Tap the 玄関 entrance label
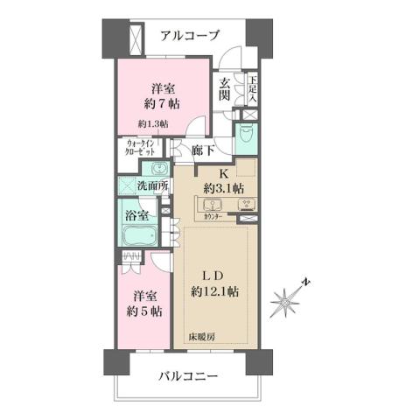(x=225, y=91)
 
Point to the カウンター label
(x=213, y=214)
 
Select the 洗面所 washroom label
(x=152, y=185)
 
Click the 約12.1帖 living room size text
(x=215, y=291)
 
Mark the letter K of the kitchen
(x=223, y=171)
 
